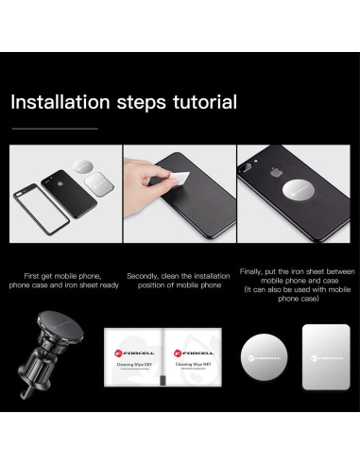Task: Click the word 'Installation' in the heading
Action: pos(60,102)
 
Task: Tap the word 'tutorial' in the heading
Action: pos(205,102)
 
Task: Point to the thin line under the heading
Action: pos(55,129)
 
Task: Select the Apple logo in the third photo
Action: pos(275,172)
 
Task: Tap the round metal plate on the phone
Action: pos(298,191)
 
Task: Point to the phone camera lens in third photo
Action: pos(245,170)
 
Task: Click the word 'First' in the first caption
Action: pos(31,276)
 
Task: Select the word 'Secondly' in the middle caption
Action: pos(143,276)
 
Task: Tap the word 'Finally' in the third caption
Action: pos(251,271)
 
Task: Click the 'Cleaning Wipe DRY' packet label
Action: pos(134,365)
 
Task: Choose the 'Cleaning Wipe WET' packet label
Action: pos(194,364)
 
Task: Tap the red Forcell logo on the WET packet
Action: pos(178,353)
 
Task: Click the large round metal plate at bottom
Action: pos(264,357)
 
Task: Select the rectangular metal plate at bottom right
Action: pos(326,357)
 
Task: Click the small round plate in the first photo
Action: pos(82,166)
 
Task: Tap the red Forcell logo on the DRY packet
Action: pos(119,353)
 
